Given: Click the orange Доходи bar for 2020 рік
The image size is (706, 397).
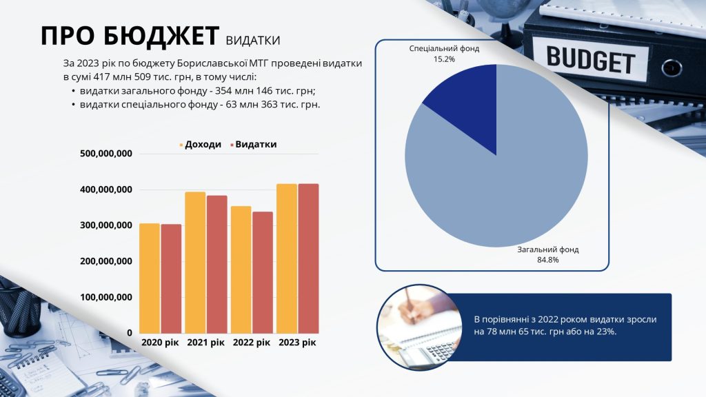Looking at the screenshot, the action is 150,278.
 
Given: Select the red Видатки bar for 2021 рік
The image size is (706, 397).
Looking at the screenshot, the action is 217,264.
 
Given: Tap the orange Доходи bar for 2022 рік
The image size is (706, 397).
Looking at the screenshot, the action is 241,269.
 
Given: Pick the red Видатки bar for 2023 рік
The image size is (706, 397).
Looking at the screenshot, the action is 308,258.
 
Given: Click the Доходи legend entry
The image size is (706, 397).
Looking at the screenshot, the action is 201,145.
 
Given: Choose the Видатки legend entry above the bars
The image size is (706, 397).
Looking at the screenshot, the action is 253,145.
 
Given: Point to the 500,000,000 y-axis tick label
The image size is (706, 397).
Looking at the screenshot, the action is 106,154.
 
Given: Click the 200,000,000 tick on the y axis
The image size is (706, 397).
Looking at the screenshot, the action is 106,261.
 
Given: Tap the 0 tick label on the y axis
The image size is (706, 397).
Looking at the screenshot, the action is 130,333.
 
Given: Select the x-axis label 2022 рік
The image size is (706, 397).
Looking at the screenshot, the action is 251,343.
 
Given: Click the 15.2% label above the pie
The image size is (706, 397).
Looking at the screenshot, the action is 445,59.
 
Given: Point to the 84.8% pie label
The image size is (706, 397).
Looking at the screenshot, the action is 548,260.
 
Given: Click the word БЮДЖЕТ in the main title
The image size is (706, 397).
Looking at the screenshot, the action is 161,36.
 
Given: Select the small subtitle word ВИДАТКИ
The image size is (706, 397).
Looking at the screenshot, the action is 253,41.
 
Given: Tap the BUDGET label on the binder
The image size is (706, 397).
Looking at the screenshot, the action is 591,60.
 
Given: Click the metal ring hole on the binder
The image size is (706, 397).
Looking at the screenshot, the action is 672,68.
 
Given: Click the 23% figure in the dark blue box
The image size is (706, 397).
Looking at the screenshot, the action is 608,332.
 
